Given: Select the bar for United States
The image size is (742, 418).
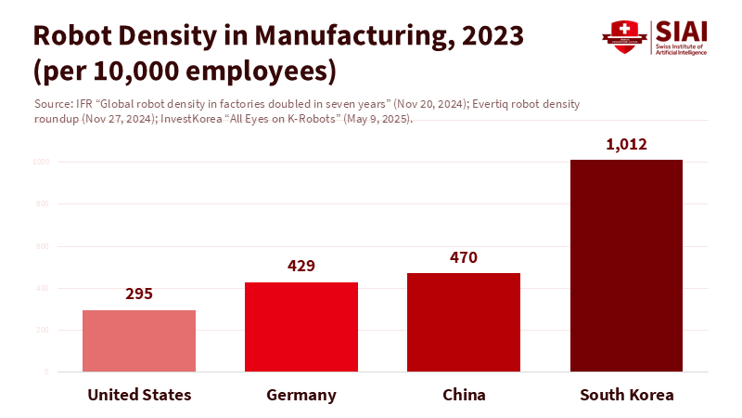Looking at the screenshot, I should [x=139, y=341].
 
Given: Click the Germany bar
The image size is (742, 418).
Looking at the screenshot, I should [x=301, y=327].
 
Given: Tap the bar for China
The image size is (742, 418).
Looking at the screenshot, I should [x=464, y=322].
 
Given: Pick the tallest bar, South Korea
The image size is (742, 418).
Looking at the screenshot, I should [x=626, y=266].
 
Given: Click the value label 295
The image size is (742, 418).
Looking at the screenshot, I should [x=139, y=294].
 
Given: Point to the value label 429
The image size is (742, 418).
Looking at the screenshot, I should [x=301, y=266].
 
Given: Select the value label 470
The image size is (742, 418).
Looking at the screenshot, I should [x=464, y=257].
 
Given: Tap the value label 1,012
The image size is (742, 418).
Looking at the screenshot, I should [x=626, y=144].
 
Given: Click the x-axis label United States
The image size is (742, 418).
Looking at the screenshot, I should [x=139, y=395].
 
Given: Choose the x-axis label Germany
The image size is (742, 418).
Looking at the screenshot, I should [x=301, y=395].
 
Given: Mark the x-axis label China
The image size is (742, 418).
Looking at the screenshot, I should [x=464, y=395].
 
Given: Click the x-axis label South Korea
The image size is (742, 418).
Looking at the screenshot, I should [x=626, y=395].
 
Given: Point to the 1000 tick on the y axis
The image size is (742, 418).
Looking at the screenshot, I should [x=43, y=162].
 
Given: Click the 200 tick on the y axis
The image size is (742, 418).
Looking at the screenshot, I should [x=45, y=330].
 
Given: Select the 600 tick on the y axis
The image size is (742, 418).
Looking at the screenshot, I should [x=45, y=246].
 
